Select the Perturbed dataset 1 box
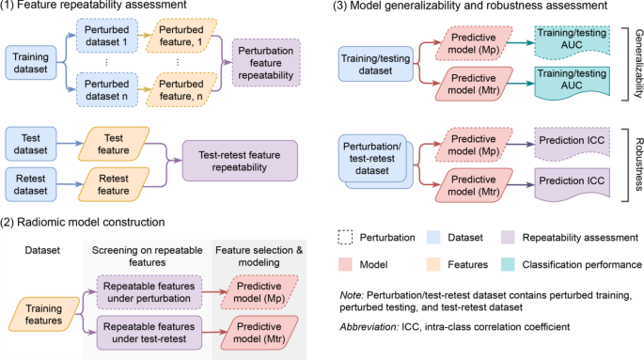click(x=108, y=39)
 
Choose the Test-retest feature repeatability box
click(x=238, y=160)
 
